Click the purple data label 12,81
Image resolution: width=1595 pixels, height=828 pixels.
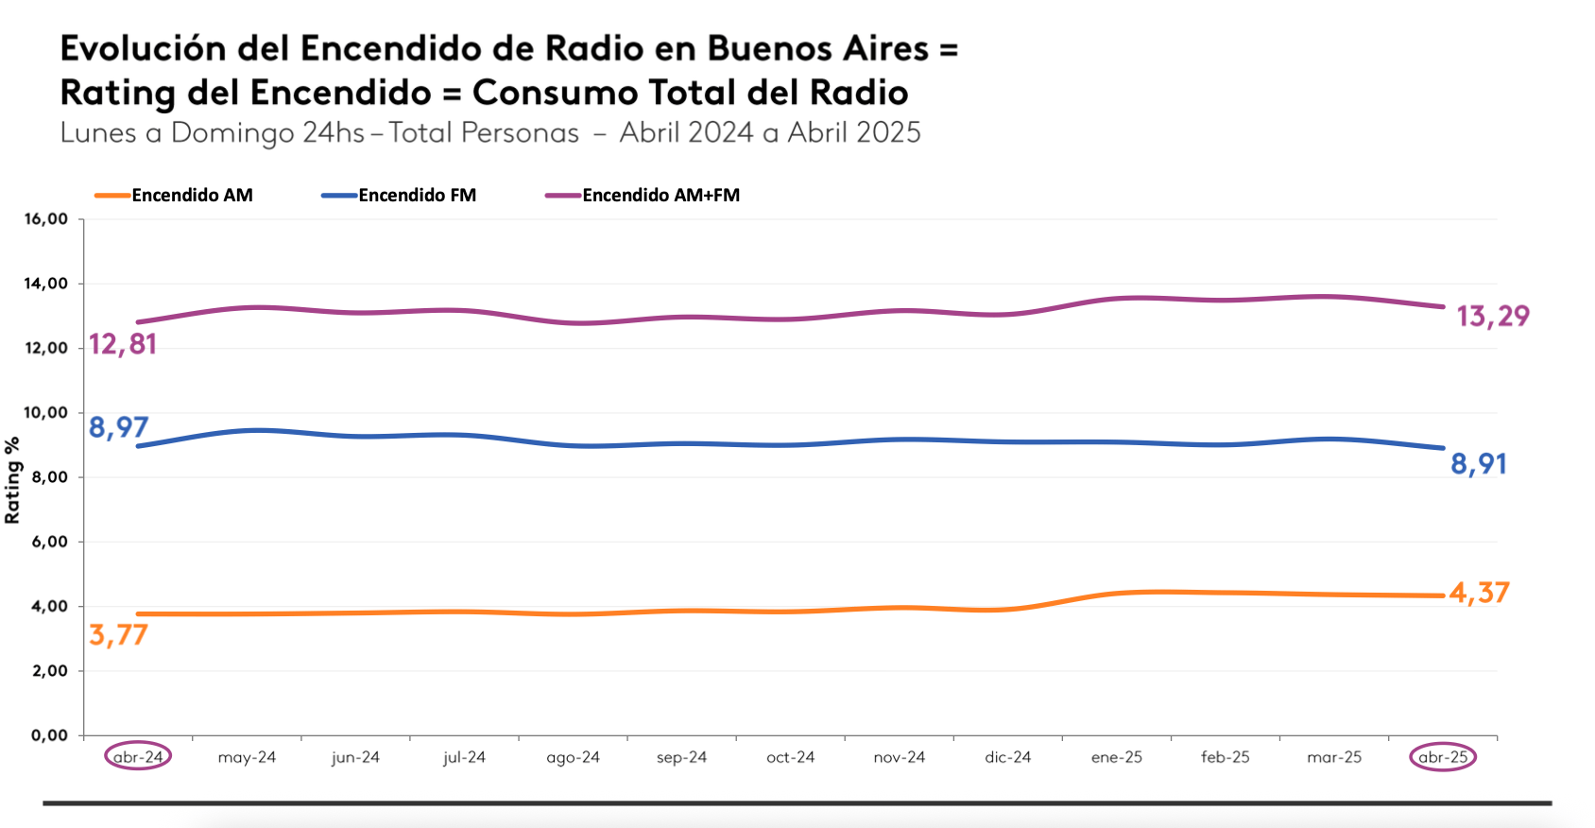123,344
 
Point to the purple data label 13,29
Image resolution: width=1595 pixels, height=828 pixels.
1493,316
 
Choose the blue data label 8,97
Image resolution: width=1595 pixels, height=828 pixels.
118,427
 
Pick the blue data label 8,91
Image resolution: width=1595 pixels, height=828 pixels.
1479,463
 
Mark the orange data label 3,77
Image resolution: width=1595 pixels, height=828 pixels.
118,634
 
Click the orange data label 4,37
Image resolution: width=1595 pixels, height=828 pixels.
1480,593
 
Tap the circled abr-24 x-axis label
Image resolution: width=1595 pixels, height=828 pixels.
138,757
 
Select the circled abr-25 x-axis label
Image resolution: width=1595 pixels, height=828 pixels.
1443,757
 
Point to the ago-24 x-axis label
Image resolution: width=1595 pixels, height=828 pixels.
573,757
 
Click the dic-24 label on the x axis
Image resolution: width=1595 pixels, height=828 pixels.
1007,757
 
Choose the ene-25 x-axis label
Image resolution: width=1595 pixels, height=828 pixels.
1116,757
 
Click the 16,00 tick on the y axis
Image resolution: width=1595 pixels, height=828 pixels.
46,219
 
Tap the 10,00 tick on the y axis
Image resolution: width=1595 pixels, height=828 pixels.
46,413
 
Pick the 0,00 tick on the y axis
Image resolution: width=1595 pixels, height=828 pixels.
50,735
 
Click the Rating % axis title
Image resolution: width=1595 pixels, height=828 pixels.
12,480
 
